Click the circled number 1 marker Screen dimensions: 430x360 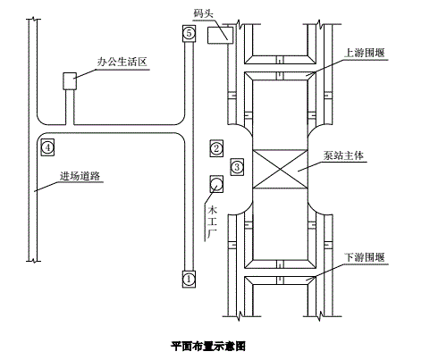pos(189,280)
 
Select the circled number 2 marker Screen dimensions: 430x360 pos(216,148)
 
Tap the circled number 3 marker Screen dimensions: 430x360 pos(237,167)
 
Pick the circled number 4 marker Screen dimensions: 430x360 pos(47,147)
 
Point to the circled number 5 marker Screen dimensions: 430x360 pos(189,33)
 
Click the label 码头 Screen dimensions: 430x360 pos(203,13)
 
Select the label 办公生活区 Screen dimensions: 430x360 pos(122,62)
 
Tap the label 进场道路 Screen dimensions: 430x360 pos(80,176)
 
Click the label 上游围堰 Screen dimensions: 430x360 pos(365,53)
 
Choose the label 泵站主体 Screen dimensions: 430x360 pos(343,155)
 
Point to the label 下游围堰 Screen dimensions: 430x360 pos(365,257)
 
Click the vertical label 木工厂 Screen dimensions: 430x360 pos(212,222)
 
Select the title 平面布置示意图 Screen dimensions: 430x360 pos(208,346)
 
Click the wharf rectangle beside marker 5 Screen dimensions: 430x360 pos(220,35)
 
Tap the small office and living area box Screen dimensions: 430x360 pos(70,81)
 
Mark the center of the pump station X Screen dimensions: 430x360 pos(280,169)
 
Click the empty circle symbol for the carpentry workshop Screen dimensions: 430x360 pos(216,184)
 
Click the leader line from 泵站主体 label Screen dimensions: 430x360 pos(310,166)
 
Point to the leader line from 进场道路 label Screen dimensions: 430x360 pos(46,187)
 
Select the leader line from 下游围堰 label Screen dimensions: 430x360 pos(325,272)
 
